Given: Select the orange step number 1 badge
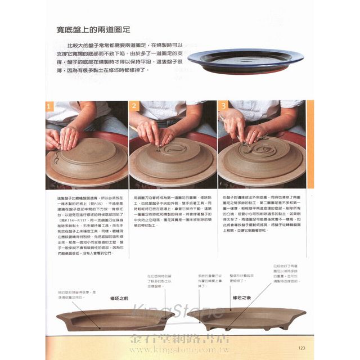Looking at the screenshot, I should [x=50, y=106].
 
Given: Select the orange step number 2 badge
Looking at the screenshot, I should [x=134, y=106].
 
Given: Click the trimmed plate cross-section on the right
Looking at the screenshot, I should [x=242, y=318].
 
